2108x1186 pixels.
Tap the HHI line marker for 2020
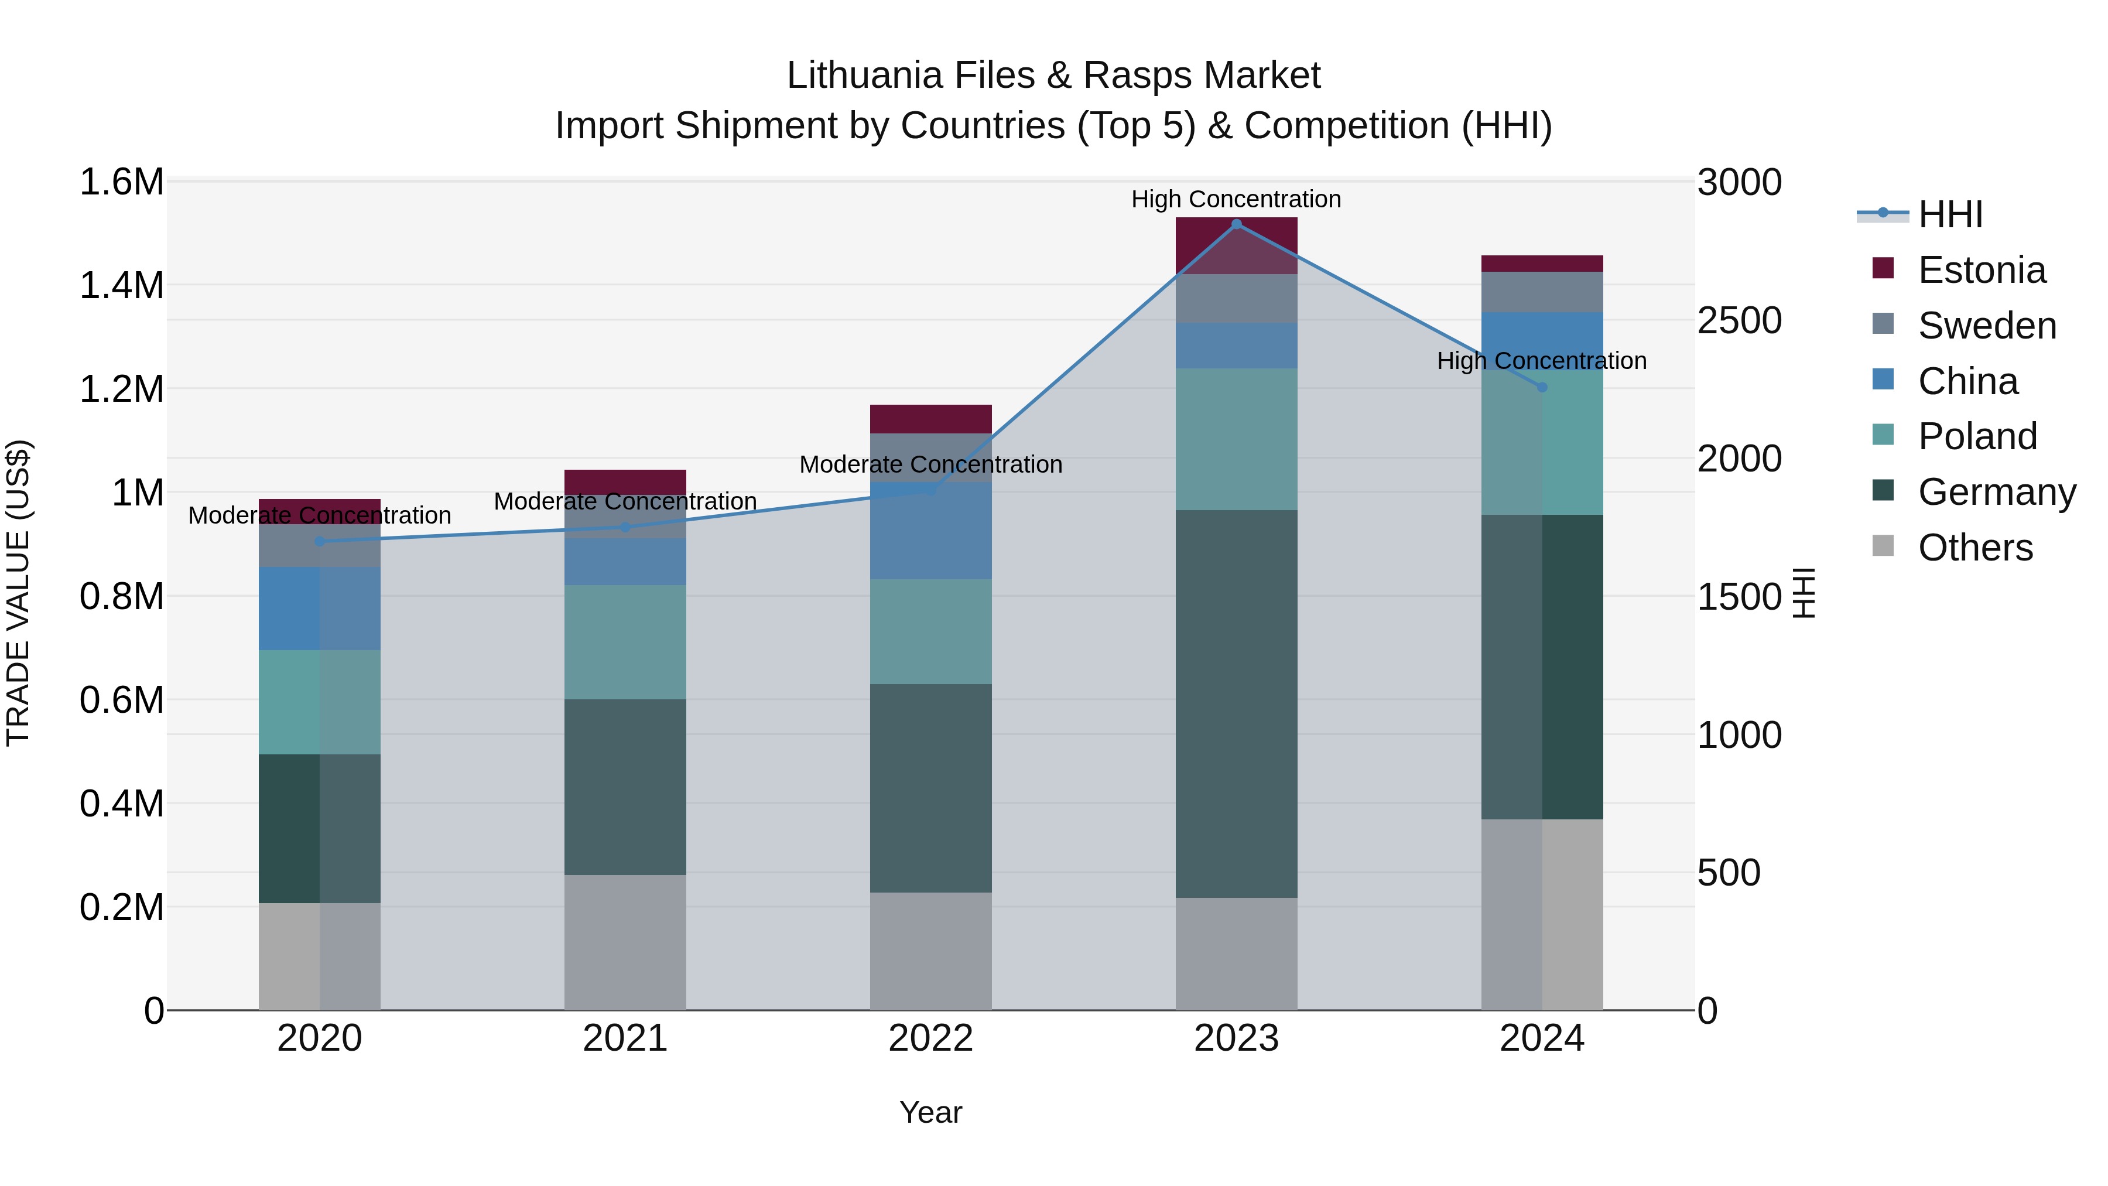[x=320, y=541]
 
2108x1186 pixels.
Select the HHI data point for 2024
[x=1542, y=387]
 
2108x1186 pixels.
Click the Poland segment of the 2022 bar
[x=930, y=632]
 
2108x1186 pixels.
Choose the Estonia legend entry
[x=1981, y=270]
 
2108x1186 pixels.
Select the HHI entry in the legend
[x=1950, y=214]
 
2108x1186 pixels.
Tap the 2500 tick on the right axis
[x=1739, y=321]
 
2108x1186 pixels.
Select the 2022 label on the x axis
[x=930, y=1038]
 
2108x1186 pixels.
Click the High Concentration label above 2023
[x=1236, y=199]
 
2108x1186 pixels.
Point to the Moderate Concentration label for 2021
[x=625, y=501]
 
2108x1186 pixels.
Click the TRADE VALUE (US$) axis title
[x=19, y=593]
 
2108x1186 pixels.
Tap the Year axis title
[x=930, y=1112]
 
